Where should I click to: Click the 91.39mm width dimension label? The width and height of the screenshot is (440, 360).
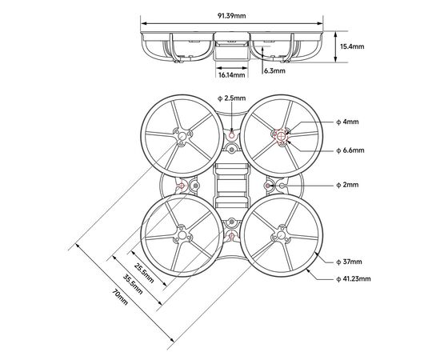(231, 16)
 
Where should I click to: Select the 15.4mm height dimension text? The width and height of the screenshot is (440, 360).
(352, 46)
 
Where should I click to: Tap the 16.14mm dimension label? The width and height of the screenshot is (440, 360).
(232, 75)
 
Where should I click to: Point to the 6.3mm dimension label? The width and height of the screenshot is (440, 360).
(274, 70)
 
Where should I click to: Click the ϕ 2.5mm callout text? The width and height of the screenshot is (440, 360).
(232, 98)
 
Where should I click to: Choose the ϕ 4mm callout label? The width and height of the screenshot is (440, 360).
(347, 122)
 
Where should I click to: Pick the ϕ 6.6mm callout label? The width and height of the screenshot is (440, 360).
(350, 150)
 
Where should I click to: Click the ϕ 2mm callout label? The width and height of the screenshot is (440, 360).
(347, 185)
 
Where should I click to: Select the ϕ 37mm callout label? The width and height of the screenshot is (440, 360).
(349, 262)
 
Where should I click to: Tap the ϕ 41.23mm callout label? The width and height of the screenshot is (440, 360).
(354, 279)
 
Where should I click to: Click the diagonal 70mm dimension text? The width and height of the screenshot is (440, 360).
(120, 297)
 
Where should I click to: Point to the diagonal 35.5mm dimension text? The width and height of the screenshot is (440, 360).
(133, 284)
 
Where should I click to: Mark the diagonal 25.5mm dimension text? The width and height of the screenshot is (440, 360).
(144, 273)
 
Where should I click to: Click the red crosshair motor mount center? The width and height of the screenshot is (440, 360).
(281, 136)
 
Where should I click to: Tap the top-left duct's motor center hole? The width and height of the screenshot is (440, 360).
(182, 136)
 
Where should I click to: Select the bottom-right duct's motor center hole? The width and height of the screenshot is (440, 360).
(281, 235)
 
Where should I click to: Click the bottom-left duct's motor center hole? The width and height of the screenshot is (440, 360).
(182, 235)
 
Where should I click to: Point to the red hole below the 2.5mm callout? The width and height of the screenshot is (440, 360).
(231, 136)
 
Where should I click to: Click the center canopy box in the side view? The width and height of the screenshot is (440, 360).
(232, 46)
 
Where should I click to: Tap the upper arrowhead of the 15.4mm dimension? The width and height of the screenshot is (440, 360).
(336, 34)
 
